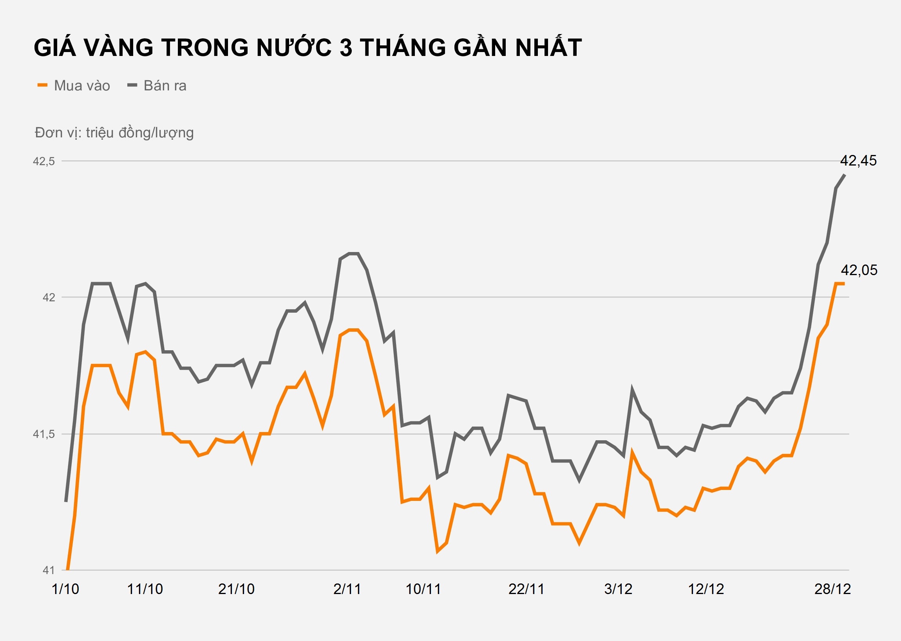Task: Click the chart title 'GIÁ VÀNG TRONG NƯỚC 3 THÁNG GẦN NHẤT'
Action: pos(307,47)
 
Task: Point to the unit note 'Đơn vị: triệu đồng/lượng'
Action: pos(114,133)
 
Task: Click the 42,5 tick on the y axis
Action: pos(44,161)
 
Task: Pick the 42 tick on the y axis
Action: pos(49,297)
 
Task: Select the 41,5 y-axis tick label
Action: pos(44,434)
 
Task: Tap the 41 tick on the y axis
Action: pos(49,570)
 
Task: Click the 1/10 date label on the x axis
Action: pos(65,589)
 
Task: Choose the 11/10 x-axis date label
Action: pos(145,589)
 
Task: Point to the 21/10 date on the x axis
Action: pos(236,589)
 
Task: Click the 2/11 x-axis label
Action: pos(347,589)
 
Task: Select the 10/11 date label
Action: pos(423,589)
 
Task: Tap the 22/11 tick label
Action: pos(526,589)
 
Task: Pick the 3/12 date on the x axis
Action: pos(618,589)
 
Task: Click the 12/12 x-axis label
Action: pos(706,589)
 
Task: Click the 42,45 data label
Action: pos(858,161)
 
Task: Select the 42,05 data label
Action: pos(859,270)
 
